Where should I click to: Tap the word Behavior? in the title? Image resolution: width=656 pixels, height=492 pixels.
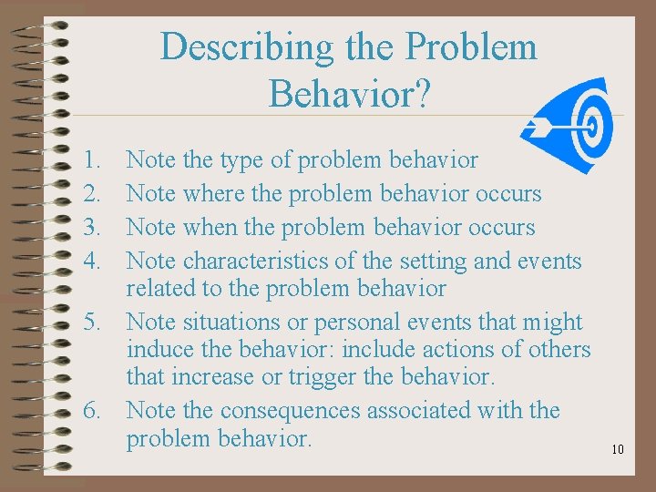349,93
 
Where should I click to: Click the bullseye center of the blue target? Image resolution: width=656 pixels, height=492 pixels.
593,125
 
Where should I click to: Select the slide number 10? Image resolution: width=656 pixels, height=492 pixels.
617,449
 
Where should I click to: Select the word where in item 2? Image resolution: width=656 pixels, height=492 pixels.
217,194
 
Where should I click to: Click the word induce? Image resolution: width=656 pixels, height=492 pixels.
156,350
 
